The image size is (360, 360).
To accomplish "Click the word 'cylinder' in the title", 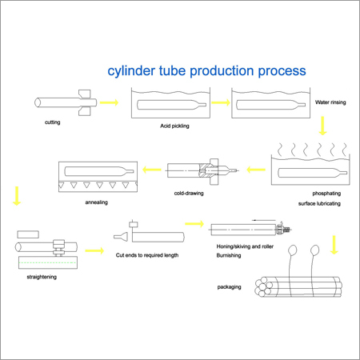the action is tap(131, 71).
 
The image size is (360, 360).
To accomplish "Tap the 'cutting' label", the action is tap(53, 122).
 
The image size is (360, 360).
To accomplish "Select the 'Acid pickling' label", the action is tap(174, 126).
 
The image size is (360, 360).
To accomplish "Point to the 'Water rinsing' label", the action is tap(330, 102).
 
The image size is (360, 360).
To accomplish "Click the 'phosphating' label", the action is tap(326, 194).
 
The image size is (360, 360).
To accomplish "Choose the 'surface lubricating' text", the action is tap(319, 203).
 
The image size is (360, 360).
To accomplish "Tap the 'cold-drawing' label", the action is tap(189, 193).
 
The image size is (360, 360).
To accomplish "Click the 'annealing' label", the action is tap(97, 202).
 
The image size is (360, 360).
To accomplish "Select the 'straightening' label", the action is tap(42, 277).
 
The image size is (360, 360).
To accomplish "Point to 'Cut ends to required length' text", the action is tap(147, 255).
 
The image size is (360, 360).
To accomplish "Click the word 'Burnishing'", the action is tap(229, 255).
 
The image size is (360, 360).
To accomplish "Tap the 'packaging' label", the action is tap(229, 287).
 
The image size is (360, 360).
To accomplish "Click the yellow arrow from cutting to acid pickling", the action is tap(109, 102).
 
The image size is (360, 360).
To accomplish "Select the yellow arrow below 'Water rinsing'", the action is tap(322, 126).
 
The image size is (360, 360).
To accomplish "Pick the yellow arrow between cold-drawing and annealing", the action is tap(152, 170).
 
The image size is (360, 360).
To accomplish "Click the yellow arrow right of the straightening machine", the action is tap(94, 250).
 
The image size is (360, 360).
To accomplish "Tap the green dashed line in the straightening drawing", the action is tap(47, 262).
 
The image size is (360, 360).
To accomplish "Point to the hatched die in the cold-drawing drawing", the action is tap(206, 170).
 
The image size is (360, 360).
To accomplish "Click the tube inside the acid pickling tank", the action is tap(171, 105).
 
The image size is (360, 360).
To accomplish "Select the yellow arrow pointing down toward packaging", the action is tap(334, 245).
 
